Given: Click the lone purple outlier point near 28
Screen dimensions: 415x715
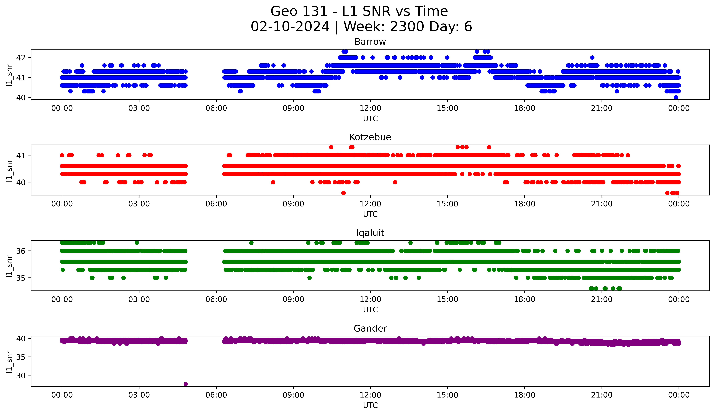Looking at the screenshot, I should [x=186, y=384].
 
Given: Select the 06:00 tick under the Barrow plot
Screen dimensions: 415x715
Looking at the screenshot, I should [x=216, y=108].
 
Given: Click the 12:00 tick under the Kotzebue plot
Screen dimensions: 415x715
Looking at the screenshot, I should [x=370, y=204].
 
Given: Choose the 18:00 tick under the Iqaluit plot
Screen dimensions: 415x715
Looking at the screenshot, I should [x=524, y=300].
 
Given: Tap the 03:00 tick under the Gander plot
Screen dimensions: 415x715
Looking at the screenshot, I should [x=139, y=395].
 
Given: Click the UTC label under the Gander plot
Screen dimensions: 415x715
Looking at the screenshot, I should [x=370, y=405].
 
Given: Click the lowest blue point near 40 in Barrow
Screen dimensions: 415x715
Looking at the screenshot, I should [x=676, y=97].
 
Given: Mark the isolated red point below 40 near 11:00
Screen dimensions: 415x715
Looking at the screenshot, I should [x=343, y=193].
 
